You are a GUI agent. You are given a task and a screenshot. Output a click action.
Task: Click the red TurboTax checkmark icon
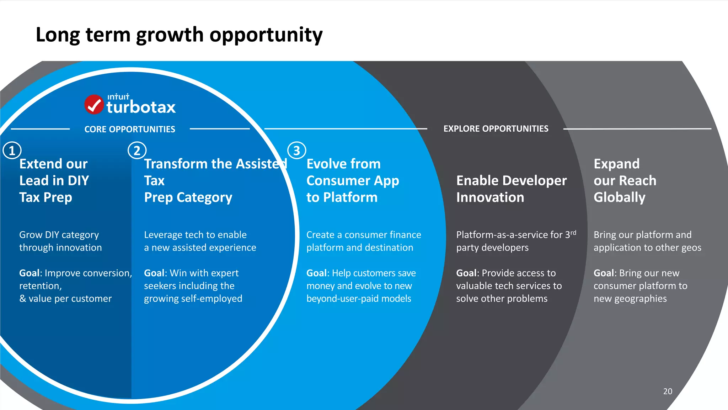pyautogui.click(x=94, y=104)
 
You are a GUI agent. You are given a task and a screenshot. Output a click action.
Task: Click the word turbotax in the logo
pyautogui.click(x=141, y=107)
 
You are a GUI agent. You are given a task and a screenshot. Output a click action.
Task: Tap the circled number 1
pyautogui.click(x=12, y=151)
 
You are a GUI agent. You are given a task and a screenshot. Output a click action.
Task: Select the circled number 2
pyautogui.click(x=137, y=151)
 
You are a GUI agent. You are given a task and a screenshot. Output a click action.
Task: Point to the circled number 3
pyautogui.click(x=296, y=151)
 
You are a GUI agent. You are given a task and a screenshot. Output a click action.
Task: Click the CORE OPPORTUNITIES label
pyautogui.click(x=130, y=129)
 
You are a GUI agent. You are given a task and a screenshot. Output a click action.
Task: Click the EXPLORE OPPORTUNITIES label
pyautogui.click(x=496, y=128)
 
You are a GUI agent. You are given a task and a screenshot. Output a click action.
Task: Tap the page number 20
pyautogui.click(x=668, y=391)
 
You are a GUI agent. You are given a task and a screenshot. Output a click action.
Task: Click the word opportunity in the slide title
pyautogui.click(x=266, y=35)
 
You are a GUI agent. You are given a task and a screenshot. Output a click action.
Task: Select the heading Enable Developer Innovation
pyautogui.click(x=511, y=189)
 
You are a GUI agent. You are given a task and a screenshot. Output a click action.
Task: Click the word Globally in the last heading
pyautogui.click(x=619, y=197)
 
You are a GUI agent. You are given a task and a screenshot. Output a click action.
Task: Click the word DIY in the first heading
pyautogui.click(x=78, y=180)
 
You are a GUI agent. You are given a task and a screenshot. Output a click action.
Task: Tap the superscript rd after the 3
pyautogui.click(x=573, y=232)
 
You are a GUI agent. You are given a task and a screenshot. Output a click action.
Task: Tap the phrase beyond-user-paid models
pyautogui.click(x=358, y=298)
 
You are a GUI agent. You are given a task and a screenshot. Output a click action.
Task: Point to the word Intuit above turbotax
pyautogui.click(x=118, y=96)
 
